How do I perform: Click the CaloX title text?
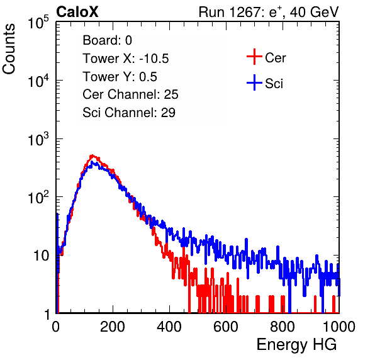77,12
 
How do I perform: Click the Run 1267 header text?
269,12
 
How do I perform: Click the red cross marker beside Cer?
254,57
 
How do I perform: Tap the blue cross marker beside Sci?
254,83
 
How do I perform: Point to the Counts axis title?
9,49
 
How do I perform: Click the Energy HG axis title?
296,345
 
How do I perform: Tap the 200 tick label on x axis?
113,327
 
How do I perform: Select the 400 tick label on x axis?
169,327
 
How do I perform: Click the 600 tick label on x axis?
226,327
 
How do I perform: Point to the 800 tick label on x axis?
283,327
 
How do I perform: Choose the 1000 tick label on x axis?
339,327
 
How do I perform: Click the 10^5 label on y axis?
38,23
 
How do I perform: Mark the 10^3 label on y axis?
38,140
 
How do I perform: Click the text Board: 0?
108,40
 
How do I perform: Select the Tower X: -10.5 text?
126,59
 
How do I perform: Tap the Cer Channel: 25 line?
130,94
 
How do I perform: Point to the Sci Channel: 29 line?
129,113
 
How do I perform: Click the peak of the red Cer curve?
92,155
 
